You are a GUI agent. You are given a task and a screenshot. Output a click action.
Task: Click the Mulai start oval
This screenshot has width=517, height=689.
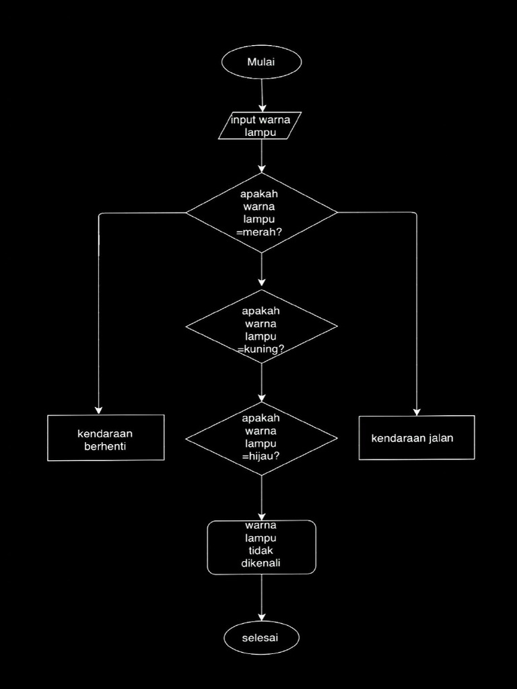point(261,62)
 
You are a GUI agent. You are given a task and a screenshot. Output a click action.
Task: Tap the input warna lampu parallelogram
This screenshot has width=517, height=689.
point(261,126)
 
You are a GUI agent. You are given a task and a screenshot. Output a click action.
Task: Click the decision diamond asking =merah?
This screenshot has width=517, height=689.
point(261,213)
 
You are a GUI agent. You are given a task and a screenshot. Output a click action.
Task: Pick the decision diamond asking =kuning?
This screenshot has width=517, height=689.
point(261,327)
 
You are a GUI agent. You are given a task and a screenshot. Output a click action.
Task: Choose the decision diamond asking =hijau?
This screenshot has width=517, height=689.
point(261,439)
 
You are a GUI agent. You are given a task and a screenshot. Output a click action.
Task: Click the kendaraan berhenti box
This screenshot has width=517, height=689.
point(106,438)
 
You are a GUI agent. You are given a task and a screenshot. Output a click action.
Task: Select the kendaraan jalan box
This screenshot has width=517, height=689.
point(417,438)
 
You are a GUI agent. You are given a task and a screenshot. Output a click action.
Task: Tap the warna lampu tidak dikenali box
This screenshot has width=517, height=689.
point(261,548)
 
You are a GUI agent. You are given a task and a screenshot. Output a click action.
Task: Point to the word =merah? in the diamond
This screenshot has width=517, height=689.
point(259,232)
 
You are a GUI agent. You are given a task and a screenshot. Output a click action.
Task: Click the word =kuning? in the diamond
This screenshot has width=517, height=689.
point(261,349)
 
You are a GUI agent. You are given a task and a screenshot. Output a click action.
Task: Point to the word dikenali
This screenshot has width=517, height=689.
point(261,563)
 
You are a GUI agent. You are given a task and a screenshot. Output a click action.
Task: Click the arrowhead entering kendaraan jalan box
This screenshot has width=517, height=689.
point(417,410)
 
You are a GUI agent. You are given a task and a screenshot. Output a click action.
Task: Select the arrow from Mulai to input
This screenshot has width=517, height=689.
point(262,94)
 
